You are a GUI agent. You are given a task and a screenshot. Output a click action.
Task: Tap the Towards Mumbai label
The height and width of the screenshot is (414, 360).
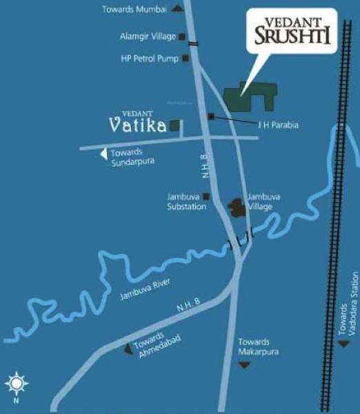point(135,9)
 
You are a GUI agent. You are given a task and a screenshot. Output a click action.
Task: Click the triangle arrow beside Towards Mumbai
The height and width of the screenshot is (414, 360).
point(178,8)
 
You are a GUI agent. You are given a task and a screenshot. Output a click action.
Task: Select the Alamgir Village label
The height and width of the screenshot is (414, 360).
point(148,37)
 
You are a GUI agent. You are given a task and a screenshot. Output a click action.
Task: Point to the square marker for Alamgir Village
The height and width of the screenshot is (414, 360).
point(182,37)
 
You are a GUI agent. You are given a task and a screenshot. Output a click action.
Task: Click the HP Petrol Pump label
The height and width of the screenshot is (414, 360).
point(149,59)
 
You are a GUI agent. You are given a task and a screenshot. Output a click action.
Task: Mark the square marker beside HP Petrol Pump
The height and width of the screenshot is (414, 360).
point(186,59)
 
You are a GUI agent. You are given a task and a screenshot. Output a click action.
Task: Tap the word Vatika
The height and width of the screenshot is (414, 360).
point(138,126)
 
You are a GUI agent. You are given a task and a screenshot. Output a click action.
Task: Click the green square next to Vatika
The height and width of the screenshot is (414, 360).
point(175,126)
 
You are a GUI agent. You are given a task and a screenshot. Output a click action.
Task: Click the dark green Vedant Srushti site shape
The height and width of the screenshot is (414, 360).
point(252,97)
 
